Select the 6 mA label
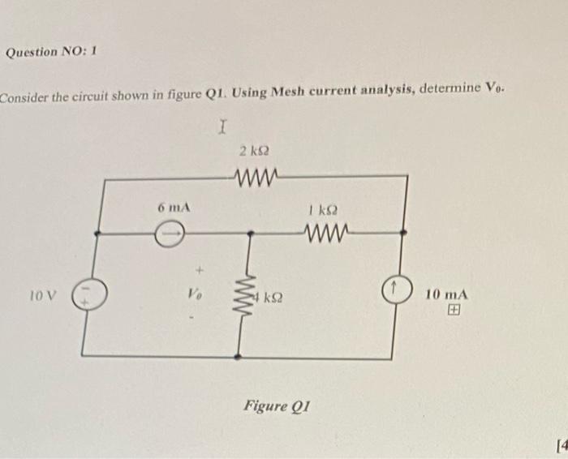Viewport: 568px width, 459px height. tap(174, 208)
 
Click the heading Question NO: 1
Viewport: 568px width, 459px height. tap(51, 52)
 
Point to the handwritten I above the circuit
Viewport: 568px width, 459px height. tap(225, 127)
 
